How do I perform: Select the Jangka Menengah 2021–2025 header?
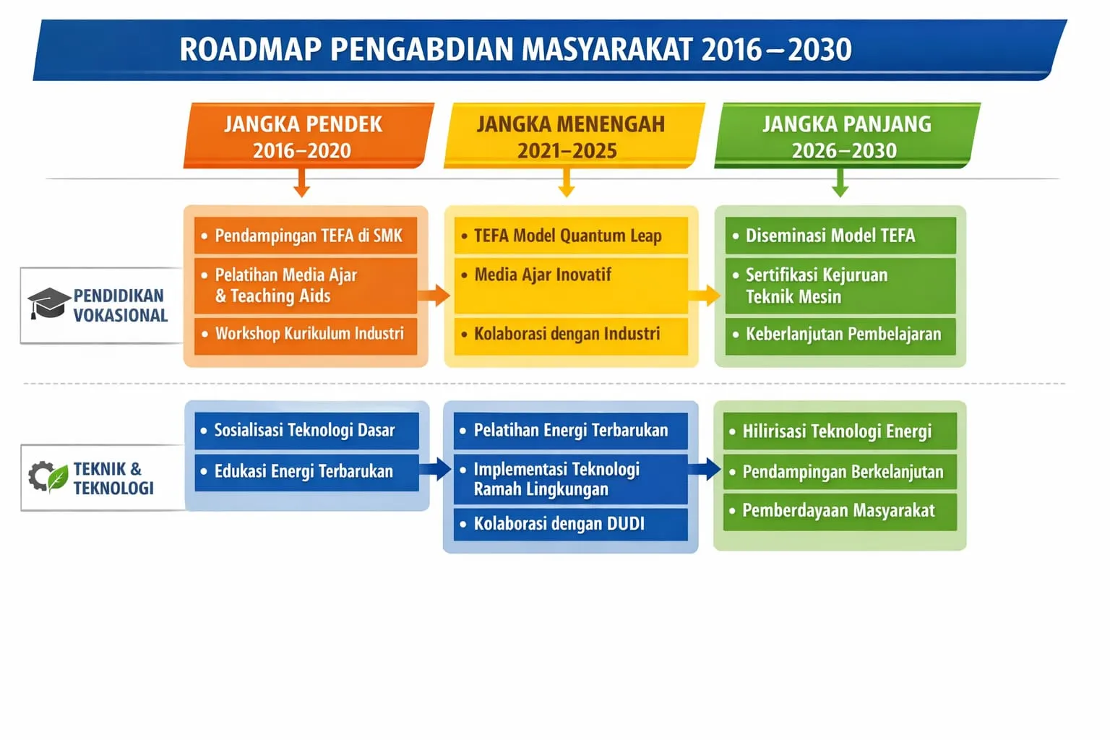tap(574, 135)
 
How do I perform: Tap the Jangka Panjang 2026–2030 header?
tap(847, 135)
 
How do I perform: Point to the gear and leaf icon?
tap(48, 477)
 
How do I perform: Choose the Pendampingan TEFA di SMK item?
tap(305, 236)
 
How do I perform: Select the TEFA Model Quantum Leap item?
tap(571, 236)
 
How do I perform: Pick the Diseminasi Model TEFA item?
tap(840, 236)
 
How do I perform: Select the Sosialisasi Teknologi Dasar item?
tap(306, 431)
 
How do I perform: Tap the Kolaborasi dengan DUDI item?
tap(571, 524)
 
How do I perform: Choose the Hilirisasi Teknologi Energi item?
tap(840, 431)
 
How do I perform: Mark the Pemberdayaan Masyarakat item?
tap(840, 511)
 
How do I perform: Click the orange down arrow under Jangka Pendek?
tap(301, 183)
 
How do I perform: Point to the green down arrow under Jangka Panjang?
tap(840, 183)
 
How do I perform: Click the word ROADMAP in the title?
tap(251, 49)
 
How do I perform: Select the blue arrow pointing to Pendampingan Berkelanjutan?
tap(704, 469)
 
